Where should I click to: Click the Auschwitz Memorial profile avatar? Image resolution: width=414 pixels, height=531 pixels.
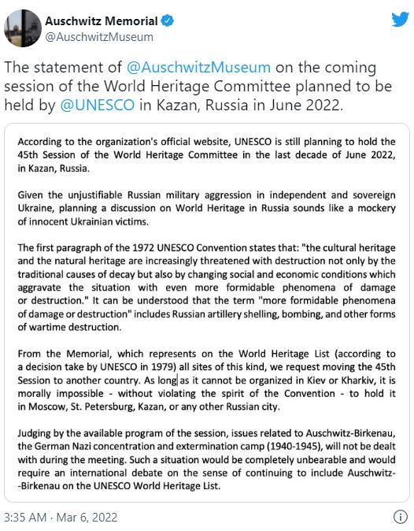pyautogui.click(x=23, y=28)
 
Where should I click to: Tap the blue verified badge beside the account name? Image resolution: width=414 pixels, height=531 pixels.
pyautogui.click(x=165, y=20)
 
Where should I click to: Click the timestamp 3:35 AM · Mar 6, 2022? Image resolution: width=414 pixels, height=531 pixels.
pyautogui.click(x=62, y=517)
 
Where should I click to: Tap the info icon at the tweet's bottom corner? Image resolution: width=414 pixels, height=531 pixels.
pyautogui.click(x=399, y=517)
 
